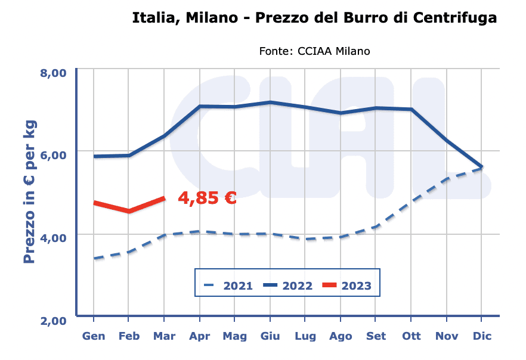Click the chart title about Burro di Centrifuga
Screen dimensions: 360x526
coord(314,18)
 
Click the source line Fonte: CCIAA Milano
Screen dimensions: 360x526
coord(314,51)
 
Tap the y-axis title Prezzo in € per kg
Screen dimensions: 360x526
coord(30,192)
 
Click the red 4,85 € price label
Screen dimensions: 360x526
coord(207,198)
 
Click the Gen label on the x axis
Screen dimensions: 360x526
coord(94,337)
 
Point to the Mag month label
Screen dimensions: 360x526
coord(234,337)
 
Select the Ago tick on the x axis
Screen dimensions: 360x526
coord(341,337)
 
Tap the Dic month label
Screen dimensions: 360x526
coord(481,337)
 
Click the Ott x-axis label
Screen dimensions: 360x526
coord(411,337)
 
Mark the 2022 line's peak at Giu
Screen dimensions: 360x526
coord(270,103)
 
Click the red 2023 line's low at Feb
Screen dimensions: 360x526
coord(129,211)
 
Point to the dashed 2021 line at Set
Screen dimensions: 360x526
coord(376,226)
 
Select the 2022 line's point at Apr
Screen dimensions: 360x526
coord(200,107)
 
